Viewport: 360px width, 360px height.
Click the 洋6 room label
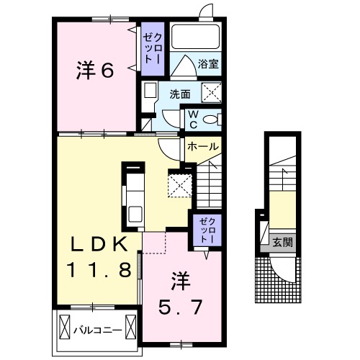point(95,71)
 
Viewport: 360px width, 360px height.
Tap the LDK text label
point(99,244)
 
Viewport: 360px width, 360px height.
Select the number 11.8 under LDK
point(99,269)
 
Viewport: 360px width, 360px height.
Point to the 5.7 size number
point(180,307)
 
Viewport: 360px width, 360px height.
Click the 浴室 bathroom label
point(208,64)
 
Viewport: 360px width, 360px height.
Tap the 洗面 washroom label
point(180,94)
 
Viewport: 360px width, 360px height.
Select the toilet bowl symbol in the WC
point(211,120)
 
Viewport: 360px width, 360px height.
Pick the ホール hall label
point(203,146)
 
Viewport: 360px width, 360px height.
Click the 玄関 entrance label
point(282,243)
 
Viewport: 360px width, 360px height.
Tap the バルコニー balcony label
point(97,330)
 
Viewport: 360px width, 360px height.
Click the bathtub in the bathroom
point(196,37)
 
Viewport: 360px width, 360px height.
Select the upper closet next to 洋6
point(153,49)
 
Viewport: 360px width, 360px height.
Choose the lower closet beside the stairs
point(207,230)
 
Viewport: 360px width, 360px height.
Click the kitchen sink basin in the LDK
point(135,215)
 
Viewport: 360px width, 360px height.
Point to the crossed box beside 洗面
point(211,92)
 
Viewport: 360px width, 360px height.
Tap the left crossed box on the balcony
point(64,327)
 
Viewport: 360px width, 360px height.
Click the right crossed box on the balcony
point(131,327)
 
